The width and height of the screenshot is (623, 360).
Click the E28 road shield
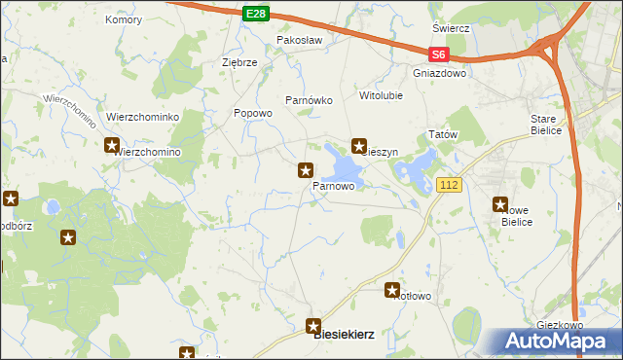(255, 13)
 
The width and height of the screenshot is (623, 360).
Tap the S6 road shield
(439, 55)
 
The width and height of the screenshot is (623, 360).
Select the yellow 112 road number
(448, 185)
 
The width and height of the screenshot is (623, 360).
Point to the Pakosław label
(298, 40)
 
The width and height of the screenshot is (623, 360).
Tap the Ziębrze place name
(239, 61)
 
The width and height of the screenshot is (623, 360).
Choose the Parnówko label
(310, 100)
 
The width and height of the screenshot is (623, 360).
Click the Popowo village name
(253, 113)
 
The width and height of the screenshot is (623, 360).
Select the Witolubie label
(381, 96)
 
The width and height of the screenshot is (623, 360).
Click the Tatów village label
(443, 134)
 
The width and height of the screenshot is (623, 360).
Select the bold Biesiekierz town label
(345, 334)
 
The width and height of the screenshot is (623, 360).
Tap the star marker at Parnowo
(306, 170)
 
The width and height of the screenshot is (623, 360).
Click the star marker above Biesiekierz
(313, 326)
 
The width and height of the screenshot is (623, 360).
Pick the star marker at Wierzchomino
(112, 146)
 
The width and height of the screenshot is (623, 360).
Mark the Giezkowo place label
(560, 325)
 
